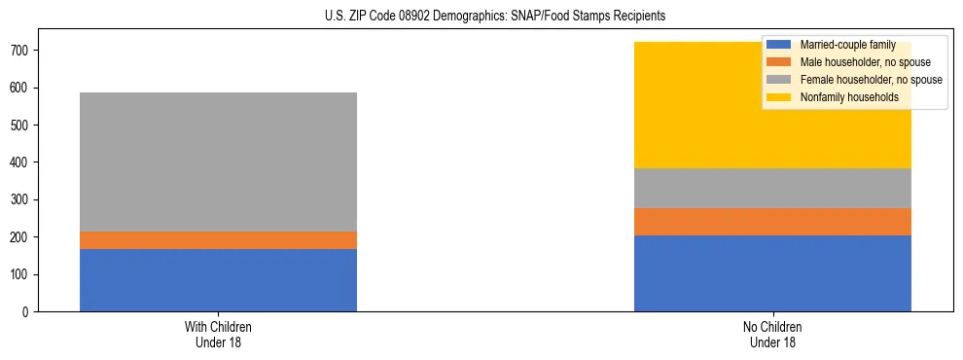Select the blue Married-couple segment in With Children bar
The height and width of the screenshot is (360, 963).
218,280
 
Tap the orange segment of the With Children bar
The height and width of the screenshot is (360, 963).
218,240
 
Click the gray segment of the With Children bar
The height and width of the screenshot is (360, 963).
218,162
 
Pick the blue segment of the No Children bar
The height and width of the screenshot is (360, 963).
772,273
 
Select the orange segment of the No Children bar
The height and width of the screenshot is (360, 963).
772,222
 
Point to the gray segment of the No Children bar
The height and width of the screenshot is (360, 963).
772,188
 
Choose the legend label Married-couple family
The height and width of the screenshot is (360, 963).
845,45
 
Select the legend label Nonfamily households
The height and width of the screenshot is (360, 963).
843,97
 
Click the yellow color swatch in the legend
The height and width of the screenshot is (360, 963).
779,97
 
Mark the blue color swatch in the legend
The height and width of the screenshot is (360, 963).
779,45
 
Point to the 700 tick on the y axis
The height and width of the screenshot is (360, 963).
21,51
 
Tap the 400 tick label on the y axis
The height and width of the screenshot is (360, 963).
21,162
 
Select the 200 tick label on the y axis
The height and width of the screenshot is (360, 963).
21,237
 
